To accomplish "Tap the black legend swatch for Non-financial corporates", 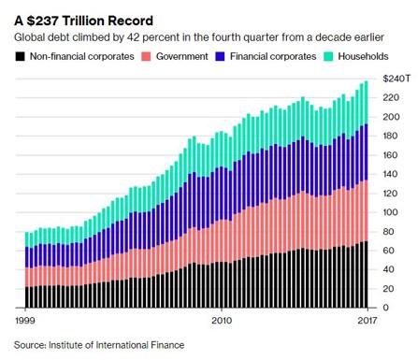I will [22, 58].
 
